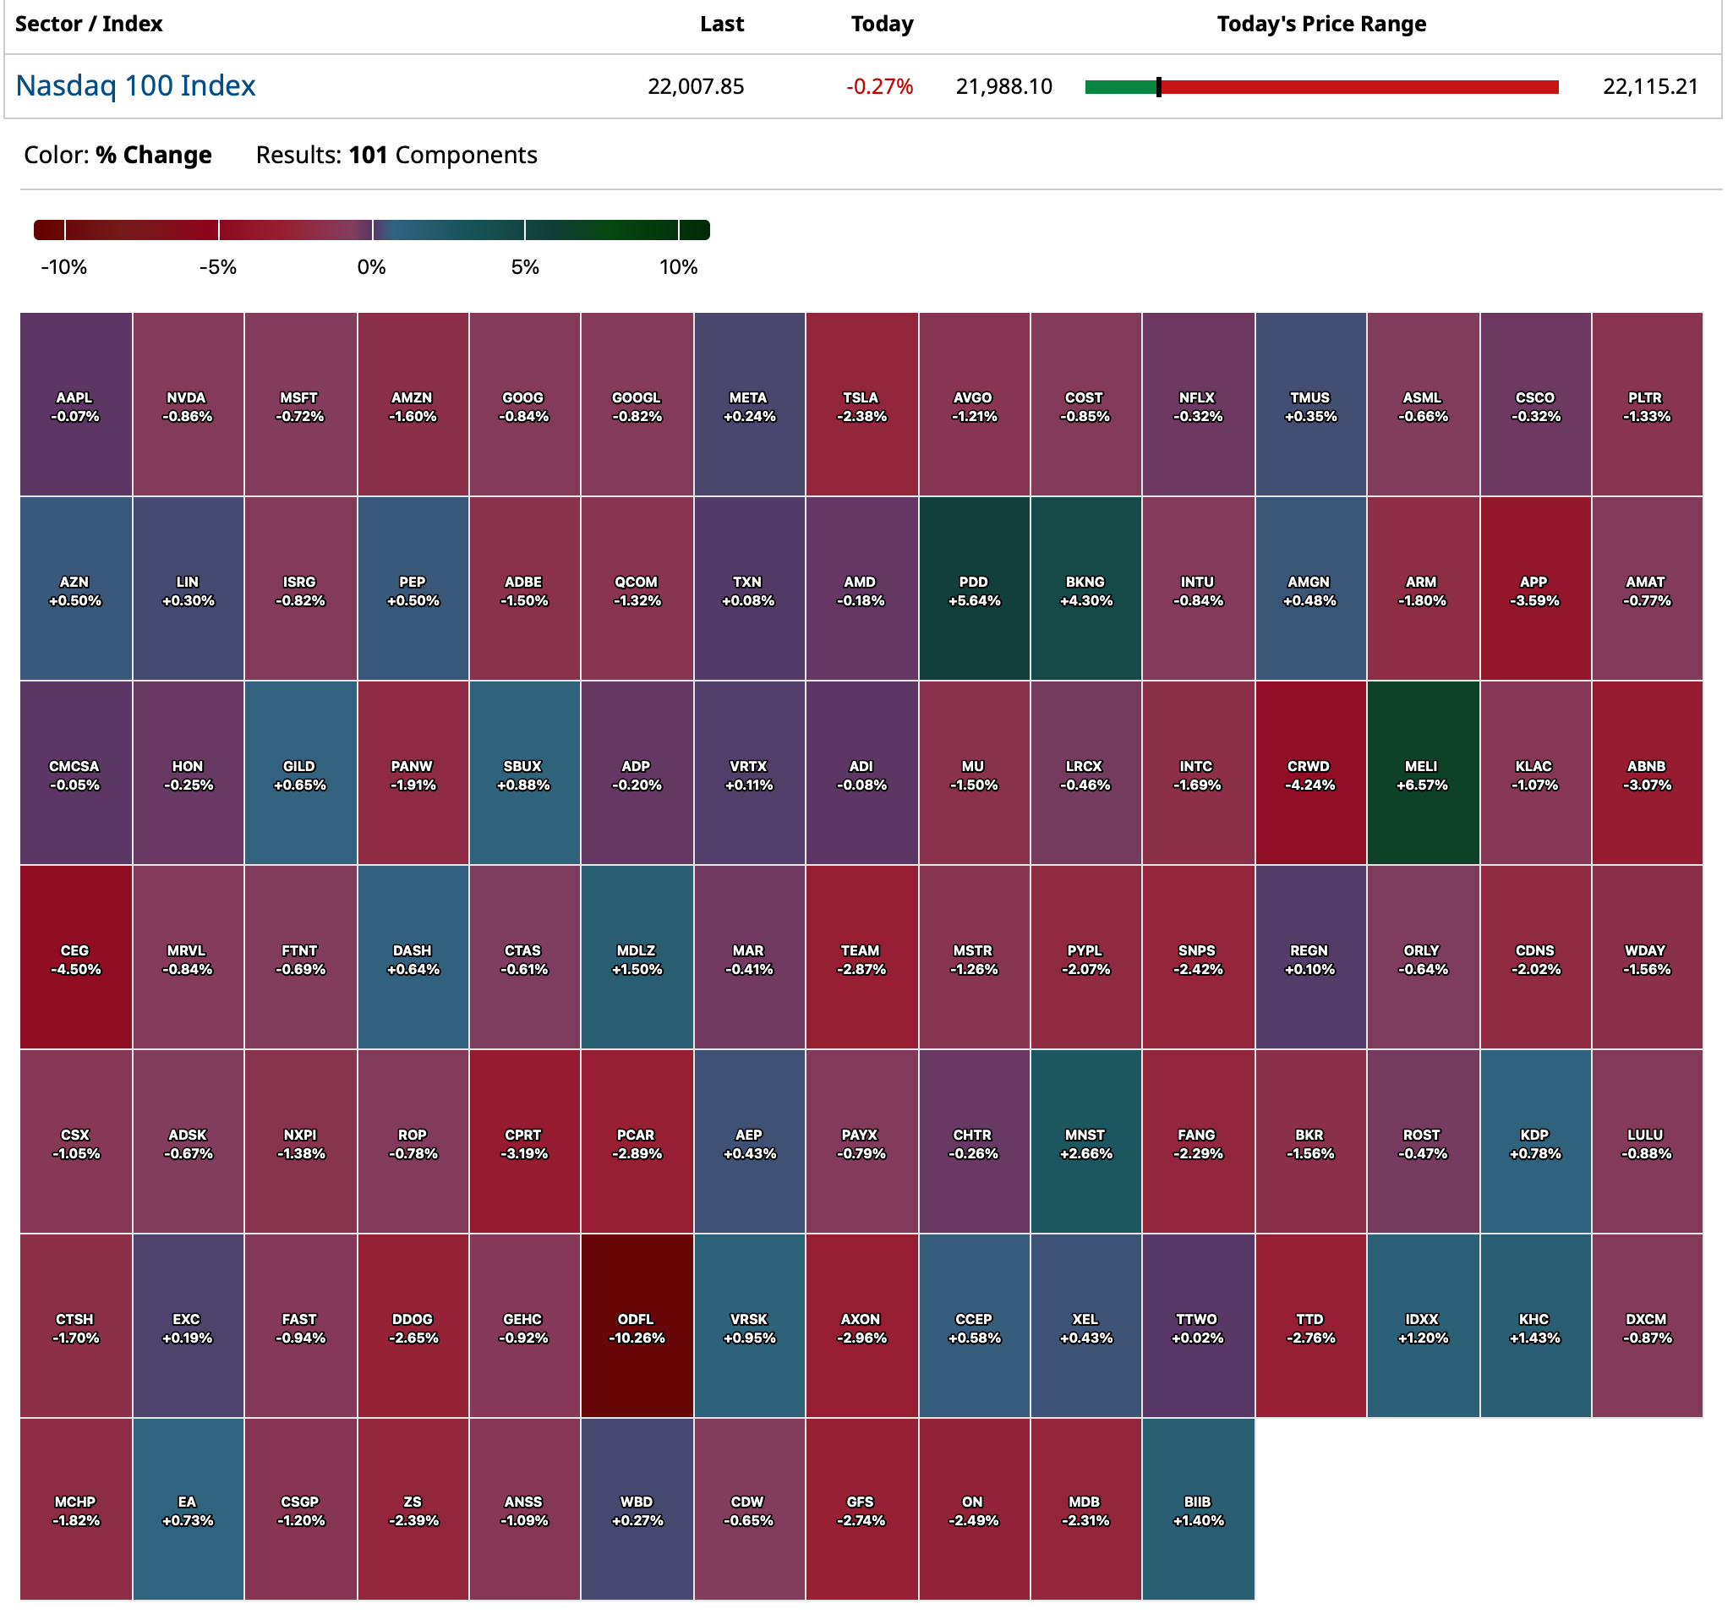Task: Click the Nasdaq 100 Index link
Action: click(x=135, y=85)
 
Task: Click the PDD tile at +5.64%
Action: click(x=974, y=589)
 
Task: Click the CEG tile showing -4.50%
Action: click(x=75, y=958)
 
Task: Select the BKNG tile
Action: click(x=1085, y=589)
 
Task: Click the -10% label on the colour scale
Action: click(x=63, y=267)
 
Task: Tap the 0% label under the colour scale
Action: click(x=371, y=267)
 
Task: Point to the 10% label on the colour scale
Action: click(x=678, y=267)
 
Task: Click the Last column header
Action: click(x=722, y=24)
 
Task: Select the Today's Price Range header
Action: click(x=1321, y=24)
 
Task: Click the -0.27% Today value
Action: click(x=879, y=86)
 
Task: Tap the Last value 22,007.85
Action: click(x=696, y=86)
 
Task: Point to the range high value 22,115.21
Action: click(x=1650, y=86)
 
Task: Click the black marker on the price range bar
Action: click(x=1158, y=86)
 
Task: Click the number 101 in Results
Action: click(x=368, y=155)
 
